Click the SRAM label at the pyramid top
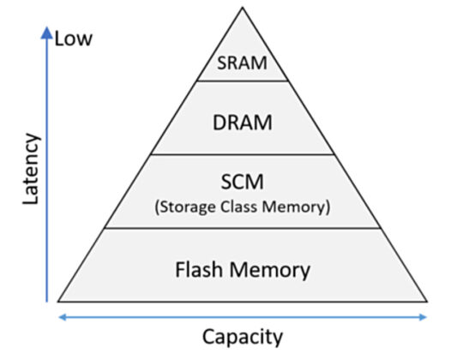point(243,63)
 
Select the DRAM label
point(243,122)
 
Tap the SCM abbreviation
point(243,183)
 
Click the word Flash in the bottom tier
point(199,270)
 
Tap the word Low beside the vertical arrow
point(73,39)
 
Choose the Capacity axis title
point(241,337)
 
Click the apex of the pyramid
point(243,7)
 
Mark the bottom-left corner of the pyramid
point(57,302)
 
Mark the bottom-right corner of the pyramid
point(428,302)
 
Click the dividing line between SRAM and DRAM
point(243,81)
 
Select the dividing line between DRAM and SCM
point(243,155)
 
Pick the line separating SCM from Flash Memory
point(243,228)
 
